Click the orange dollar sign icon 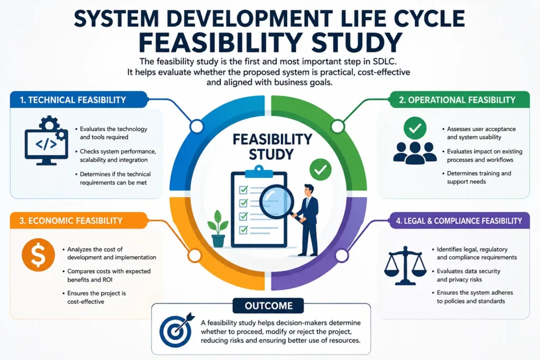[38, 255]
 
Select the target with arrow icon [176, 330]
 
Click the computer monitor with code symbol [46, 144]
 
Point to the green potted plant [218, 229]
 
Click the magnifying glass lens [276, 201]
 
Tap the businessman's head [308, 191]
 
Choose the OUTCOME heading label [268, 306]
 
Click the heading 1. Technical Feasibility [73, 100]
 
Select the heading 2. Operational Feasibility [457, 100]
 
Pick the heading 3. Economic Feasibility [71, 221]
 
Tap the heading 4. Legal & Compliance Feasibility [459, 221]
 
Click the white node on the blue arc [197, 127]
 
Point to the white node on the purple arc [342, 255]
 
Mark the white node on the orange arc [195, 256]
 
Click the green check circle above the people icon [415, 128]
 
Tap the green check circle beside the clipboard [320, 169]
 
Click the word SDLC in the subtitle [384, 62]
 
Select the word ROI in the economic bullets [107, 280]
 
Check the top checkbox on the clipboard [244, 190]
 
